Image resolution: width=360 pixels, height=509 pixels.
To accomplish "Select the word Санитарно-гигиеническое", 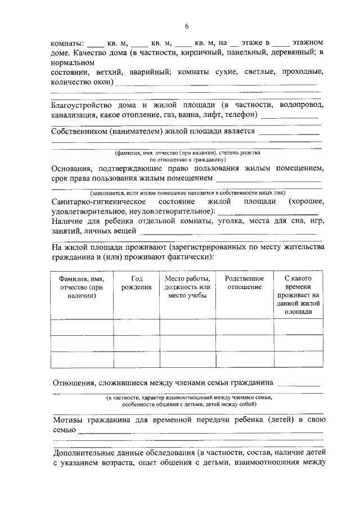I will (99, 201).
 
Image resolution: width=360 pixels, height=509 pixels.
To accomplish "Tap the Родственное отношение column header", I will (244, 283).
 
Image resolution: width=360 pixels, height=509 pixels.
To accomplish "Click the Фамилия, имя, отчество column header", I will (82, 287).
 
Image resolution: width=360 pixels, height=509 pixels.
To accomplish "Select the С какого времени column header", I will (298, 295).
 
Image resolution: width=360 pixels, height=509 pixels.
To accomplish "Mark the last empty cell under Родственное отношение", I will (244, 360).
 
